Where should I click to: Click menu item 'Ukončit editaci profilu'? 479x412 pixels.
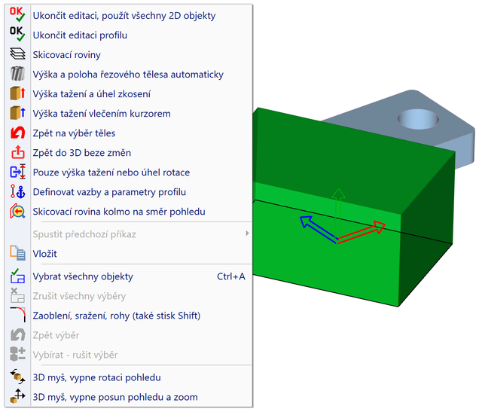point(80,35)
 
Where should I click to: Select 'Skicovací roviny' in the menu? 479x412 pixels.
point(66,55)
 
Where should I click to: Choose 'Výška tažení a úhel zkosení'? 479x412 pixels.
point(92,94)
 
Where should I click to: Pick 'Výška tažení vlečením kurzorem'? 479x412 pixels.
point(102,114)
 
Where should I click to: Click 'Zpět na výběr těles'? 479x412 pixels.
point(74,133)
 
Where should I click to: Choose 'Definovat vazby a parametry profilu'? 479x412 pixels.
point(109,192)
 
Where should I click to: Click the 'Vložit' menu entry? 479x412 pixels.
point(44,254)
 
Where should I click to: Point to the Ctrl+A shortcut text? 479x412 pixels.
point(230,276)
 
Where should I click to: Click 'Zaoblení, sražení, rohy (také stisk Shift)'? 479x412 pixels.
point(117,316)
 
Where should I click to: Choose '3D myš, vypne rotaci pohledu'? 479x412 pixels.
point(96,377)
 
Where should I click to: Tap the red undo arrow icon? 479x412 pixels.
point(17,133)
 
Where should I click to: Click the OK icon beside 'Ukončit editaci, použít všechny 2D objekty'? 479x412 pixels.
point(17,14)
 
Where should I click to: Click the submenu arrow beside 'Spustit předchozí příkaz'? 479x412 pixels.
point(247,233)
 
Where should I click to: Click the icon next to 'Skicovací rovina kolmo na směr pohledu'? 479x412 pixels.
point(17,212)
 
